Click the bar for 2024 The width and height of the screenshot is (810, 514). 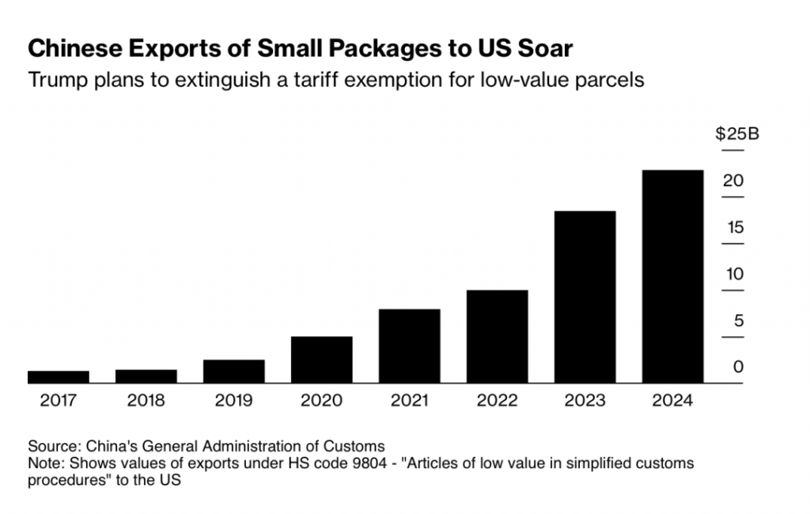click(x=672, y=276)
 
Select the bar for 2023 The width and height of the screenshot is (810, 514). click(x=585, y=297)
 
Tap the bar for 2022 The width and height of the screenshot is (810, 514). click(x=497, y=336)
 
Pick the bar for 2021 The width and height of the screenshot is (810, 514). click(x=409, y=346)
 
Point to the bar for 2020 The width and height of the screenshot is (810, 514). click(x=321, y=360)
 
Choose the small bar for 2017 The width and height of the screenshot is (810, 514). click(x=59, y=376)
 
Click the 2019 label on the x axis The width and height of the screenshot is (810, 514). click(x=233, y=401)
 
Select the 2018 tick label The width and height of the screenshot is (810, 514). click(x=146, y=401)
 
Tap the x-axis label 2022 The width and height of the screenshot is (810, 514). click(x=497, y=401)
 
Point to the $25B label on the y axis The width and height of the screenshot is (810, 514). click(x=736, y=134)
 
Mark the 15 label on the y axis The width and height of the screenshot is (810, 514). click(x=736, y=228)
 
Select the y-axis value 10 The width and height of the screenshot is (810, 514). click(x=736, y=274)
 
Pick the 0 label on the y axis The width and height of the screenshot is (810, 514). click(x=738, y=368)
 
